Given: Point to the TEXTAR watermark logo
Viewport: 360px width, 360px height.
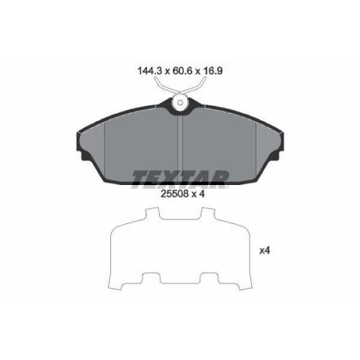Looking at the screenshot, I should (x=180, y=178).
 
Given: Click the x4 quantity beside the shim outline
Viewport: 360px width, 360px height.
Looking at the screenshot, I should (x=265, y=251).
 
